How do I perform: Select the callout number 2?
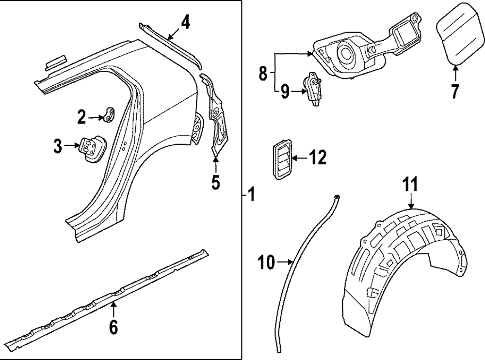pyautogui.click(x=81, y=116)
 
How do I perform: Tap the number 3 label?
pyautogui.click(x=58, y=146)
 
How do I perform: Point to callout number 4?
pyautogui.click(x=186, y=22)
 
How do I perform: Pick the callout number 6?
pyautogui.click(x=113, y=328)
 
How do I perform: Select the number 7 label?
pyautogui.click(x=454, y=91)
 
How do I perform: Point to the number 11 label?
pyautogui.click(x=411, y=185)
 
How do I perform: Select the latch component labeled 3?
pyautogui.click(x=92, y=148)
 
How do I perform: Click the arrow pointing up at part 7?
pyautogui.click(x=455, y=73)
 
